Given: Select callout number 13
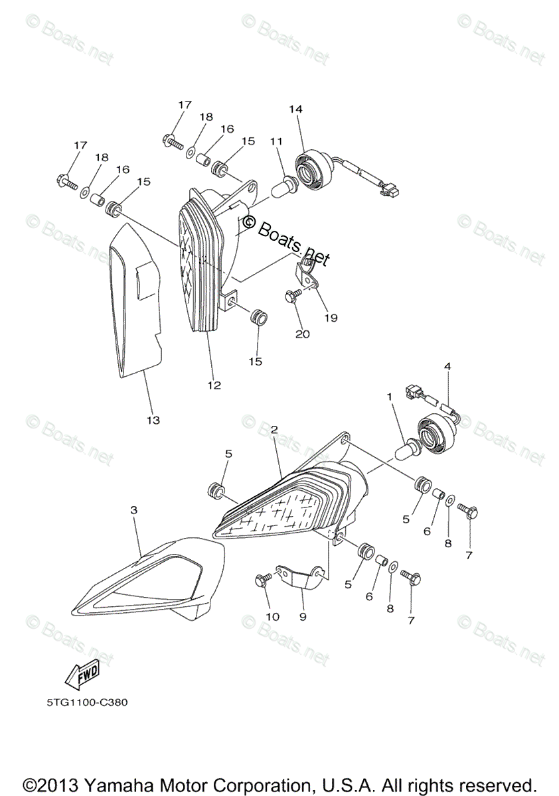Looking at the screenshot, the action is (153, 420).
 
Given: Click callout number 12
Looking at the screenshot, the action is (214, 385).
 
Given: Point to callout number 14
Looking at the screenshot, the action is (295, 109).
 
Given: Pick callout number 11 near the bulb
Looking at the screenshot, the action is (276, 141).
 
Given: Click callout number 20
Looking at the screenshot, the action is (302, 334).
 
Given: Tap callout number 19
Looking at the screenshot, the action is (330, 318).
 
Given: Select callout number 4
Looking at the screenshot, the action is (447, 366).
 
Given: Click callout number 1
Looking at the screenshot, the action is (391, 397).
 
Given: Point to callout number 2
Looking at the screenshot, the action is (273, 430).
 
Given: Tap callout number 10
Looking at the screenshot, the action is (273, 616).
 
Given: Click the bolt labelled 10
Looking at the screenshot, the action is (261, 580).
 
